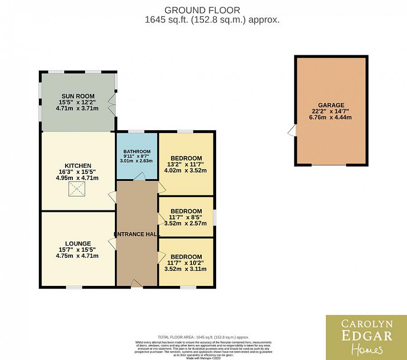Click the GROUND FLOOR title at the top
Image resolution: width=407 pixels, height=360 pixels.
click(202, 10)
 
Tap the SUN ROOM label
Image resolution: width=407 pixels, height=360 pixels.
click(78, 96)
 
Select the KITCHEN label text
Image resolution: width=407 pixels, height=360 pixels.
click(78, 166)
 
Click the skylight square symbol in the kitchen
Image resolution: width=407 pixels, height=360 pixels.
click(76, 190)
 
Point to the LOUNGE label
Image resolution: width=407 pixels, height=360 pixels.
click(77, 243)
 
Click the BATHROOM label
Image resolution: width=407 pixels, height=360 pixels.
click(137, 152)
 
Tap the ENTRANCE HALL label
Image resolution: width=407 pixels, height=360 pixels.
click(136, 234)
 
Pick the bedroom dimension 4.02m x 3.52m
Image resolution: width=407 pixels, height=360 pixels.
click(185, 171)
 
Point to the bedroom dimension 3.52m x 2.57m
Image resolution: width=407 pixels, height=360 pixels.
click(185, 223)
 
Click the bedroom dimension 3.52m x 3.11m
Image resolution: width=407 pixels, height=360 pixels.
click(185, 269)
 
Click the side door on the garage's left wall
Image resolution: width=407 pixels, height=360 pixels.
click(292, 131)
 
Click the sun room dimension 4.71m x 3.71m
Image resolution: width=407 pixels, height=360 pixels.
click(77, 109)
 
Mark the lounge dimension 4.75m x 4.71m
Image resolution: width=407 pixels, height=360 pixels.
click(77, 256)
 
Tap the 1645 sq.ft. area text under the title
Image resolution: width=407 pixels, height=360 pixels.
click(212, 20)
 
